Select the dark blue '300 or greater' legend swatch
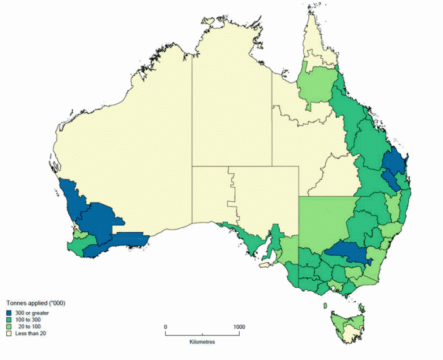[9, 313]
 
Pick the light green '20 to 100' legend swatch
[9, 326]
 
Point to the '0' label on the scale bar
[166, 326]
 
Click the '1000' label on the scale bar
[239, 326]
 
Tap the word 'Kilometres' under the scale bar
[202, 342]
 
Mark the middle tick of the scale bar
[202, 332]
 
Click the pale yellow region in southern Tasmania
[349, 332]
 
